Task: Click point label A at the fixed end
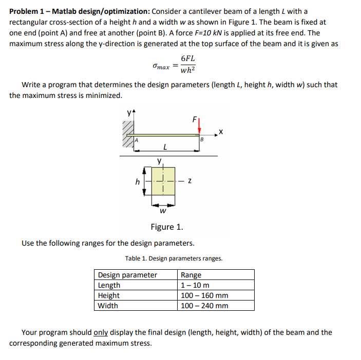(137, 139)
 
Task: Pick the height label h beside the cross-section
(137, 181)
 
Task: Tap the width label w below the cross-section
(163, 210)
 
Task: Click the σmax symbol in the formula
(161, 67)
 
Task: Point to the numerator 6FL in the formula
(188, 59)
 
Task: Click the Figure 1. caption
(167, 227)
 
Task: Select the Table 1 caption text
(174, 258)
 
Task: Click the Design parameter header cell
(127, 275)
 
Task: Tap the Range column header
(191, 275)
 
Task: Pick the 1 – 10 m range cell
(195, 285)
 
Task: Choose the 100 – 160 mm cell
(204, 295)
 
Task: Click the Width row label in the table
(108, 306)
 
